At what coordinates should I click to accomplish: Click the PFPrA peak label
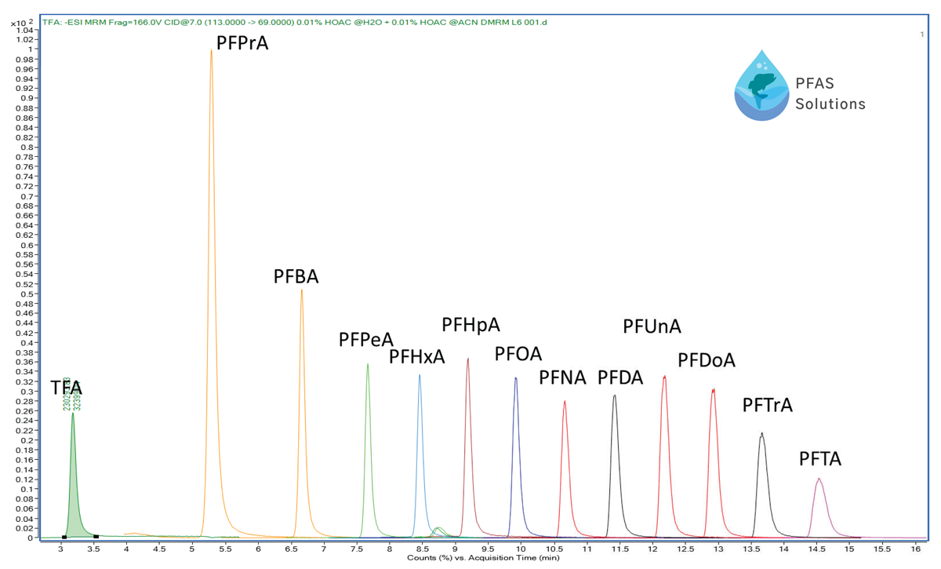coord(242,42)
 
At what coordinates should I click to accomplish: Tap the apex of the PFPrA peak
coord(211,51)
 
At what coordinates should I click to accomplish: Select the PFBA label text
coord(296,276)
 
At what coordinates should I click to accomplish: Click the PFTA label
coord(820,459)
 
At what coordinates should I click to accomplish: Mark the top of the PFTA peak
coord(819,479)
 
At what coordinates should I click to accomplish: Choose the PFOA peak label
coord(518,354)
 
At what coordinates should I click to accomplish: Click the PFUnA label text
coord(652,326)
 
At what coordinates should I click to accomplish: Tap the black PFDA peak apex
coord(615,396)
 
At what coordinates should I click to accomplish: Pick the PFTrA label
coord(768,405)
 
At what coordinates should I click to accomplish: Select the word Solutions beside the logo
coord(830,104)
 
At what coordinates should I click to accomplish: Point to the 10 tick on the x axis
coord(521,549)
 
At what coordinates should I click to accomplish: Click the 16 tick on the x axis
coord(915,549)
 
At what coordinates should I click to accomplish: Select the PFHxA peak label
coord(417,357)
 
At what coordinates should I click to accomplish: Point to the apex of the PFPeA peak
coord(368,364)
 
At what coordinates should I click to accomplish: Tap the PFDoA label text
coord(707,360)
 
